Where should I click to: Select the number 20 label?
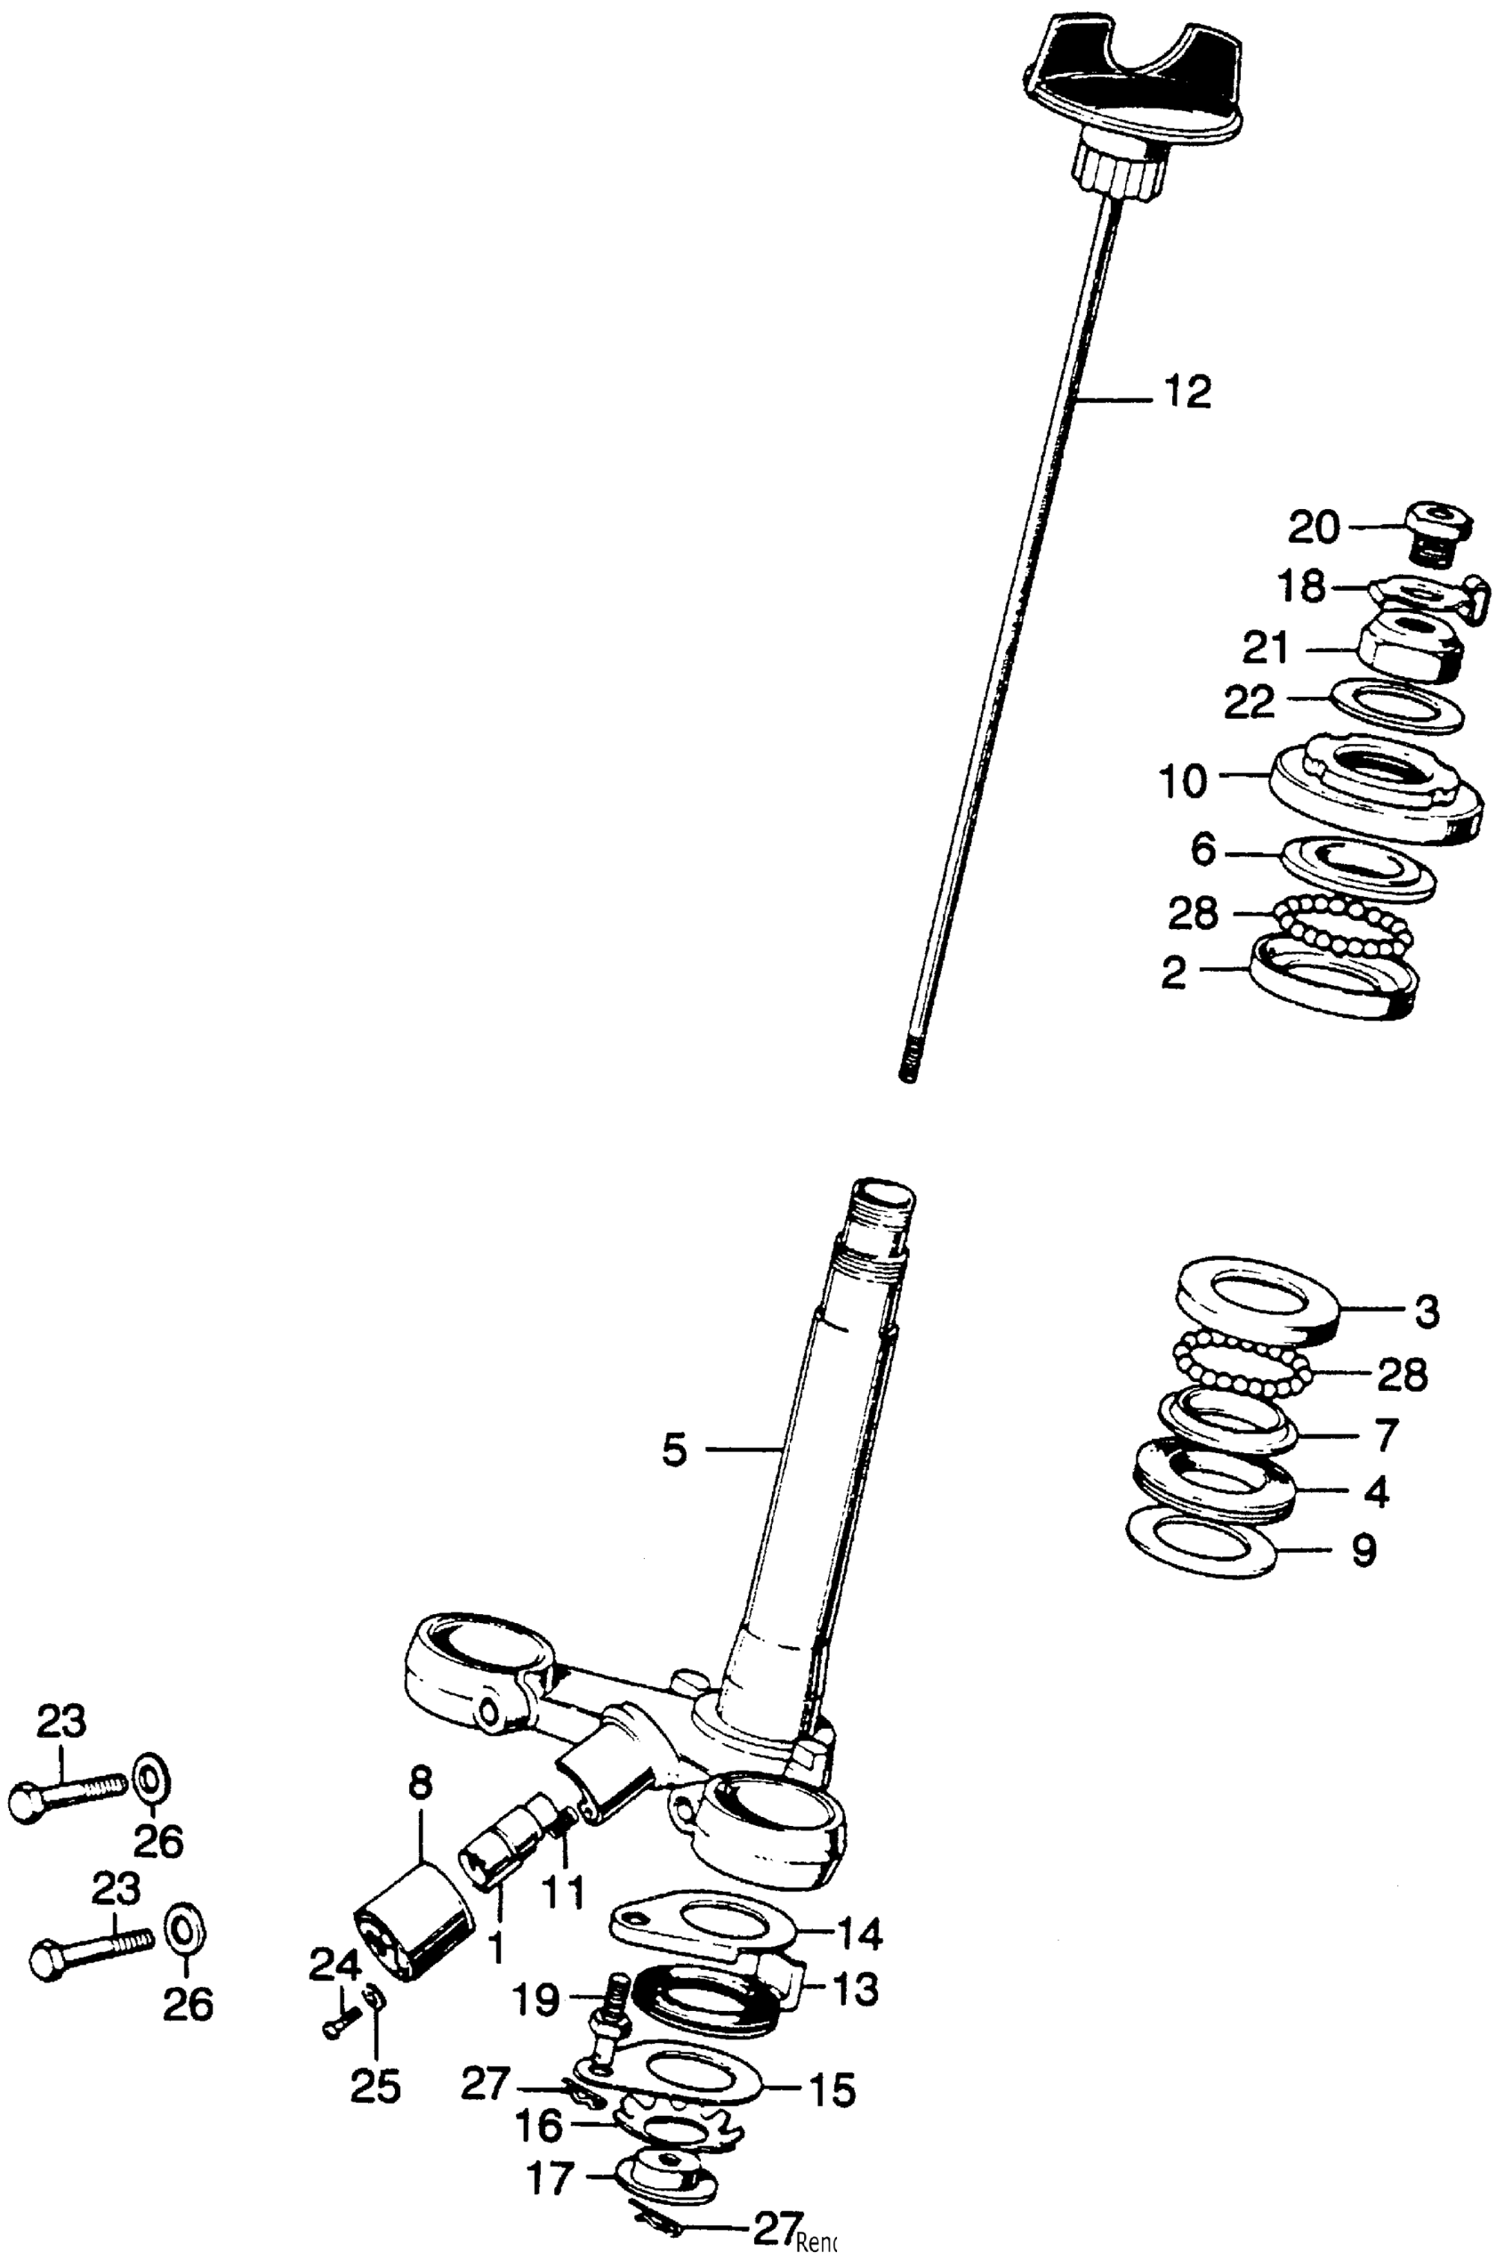pyautogui.click(x=1315, y=528)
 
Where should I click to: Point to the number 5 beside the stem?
pyautogui.click(x=674, y=1450)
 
